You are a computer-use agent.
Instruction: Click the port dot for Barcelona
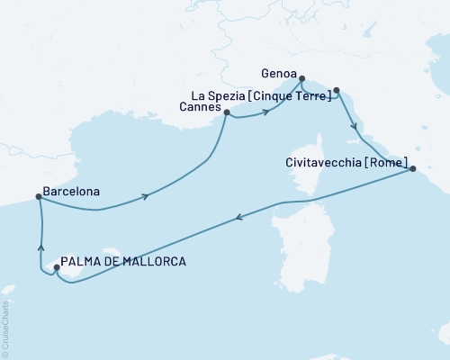click(38, 198)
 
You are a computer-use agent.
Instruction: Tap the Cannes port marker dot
click(227, 113)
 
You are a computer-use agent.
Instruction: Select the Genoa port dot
click(301, 78)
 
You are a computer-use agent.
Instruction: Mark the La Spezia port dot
click(337, 90)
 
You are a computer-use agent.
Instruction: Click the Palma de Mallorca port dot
click(57, 267)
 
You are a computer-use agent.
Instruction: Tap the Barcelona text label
click(71, 192)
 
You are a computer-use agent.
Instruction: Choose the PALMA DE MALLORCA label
click(125, 262)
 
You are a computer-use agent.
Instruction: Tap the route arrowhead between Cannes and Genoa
click(267, 112)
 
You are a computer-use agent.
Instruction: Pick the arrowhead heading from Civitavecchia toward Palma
click(238, 216)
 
